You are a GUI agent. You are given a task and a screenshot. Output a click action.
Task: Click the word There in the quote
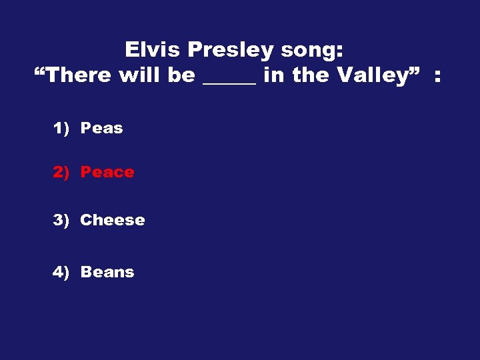pyautogui.click(x=81, y=75)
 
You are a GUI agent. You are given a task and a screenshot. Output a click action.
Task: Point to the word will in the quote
pyautogui.click(x=140, y=75)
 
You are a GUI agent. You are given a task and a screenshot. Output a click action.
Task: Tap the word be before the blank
pyautogui.click(x=181, y=75)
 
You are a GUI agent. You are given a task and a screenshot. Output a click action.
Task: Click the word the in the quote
pyautogui.click(x=310, y=75)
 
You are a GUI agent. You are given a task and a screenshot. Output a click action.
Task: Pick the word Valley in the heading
pyautogui.click(x=371, y=76)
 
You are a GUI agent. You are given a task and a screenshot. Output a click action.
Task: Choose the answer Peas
pyautogui.click(x=101, y=128)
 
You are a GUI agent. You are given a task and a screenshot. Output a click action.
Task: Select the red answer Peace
pyautogui.click(x=107, y=172)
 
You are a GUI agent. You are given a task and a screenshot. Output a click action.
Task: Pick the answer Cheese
pyautogui.click(x=112, y=220)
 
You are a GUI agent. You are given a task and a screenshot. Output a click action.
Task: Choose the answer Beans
pyautogui.click(x=107, y=272)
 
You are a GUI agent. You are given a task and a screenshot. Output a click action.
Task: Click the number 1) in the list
pyautogui.click(x=61, y=128)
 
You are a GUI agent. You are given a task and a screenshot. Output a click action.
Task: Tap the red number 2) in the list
pyautogui.click(x=61, y=172)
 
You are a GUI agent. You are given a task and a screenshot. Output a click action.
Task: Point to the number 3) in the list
pyautogui.click(x=61, y=220)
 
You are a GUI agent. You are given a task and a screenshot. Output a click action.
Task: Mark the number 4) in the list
pyautogui.click(x=61, y=272)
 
